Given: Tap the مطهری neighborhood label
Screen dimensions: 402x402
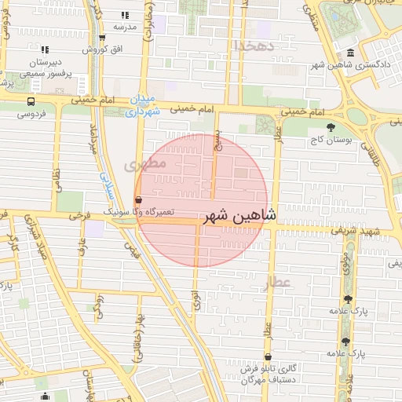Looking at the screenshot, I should click(144, 166).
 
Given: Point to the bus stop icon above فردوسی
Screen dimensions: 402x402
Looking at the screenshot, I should click(31, 101).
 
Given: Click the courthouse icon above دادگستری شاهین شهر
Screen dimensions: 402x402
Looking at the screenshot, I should click(349, 53).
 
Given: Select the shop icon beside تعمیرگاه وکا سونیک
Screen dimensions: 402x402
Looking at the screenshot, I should click(138, 200).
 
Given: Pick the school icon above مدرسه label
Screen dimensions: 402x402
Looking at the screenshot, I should click(125, 15).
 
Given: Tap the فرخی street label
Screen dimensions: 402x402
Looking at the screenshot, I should click(76, 214).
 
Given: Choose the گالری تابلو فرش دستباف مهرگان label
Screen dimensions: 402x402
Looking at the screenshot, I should click(271, 374).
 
